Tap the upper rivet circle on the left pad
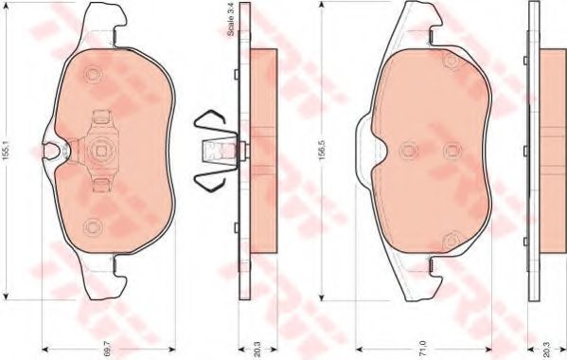pos(93,77)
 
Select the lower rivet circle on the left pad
pos(93,225)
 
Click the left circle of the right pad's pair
pos(409,150)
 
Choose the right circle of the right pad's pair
pos(452,150)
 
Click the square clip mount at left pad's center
pos(99,150)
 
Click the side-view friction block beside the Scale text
pos(262,150)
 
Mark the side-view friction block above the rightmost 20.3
pos(552,150)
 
